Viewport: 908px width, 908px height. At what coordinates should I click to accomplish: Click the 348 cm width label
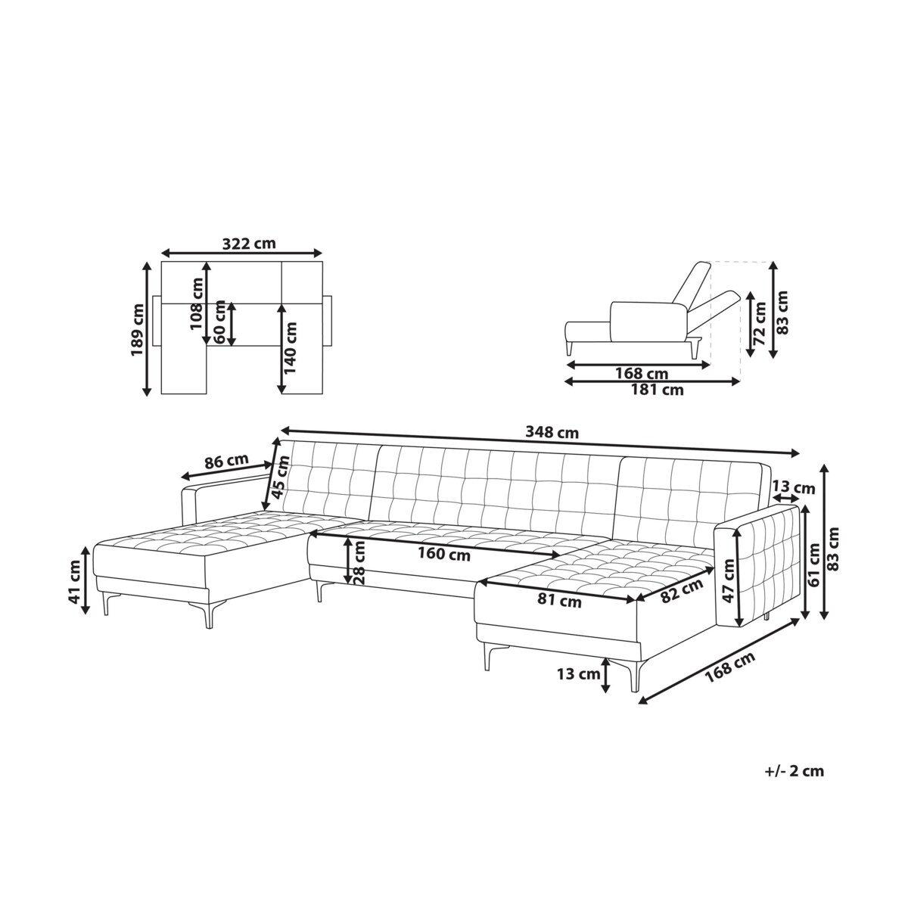tap(552, 432)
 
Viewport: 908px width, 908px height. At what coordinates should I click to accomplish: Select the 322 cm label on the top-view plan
tap(249, 244)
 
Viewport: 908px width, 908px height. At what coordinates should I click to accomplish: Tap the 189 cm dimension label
tap(137, 329)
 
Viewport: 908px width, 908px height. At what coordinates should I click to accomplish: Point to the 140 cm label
tap(291, 348)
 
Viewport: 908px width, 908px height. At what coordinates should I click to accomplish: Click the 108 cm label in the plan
tap(197, 303)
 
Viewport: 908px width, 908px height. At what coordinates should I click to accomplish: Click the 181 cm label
tap(657, 390)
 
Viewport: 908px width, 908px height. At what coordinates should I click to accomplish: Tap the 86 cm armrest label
tap(226, 462)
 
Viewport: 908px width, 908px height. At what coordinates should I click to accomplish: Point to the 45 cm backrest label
tap(281, 477)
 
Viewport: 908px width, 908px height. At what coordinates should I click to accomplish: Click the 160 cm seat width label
tap(444, 554)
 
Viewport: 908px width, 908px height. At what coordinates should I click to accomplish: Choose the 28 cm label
tap(359, 562)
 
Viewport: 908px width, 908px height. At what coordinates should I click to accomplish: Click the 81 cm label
tap(559, 602)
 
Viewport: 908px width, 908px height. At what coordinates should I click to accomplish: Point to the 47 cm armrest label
tap(728, 580)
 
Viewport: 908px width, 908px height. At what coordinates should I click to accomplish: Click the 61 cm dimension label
tap(813, 564)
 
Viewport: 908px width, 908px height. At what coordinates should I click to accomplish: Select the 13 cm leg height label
tap(579, 674)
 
